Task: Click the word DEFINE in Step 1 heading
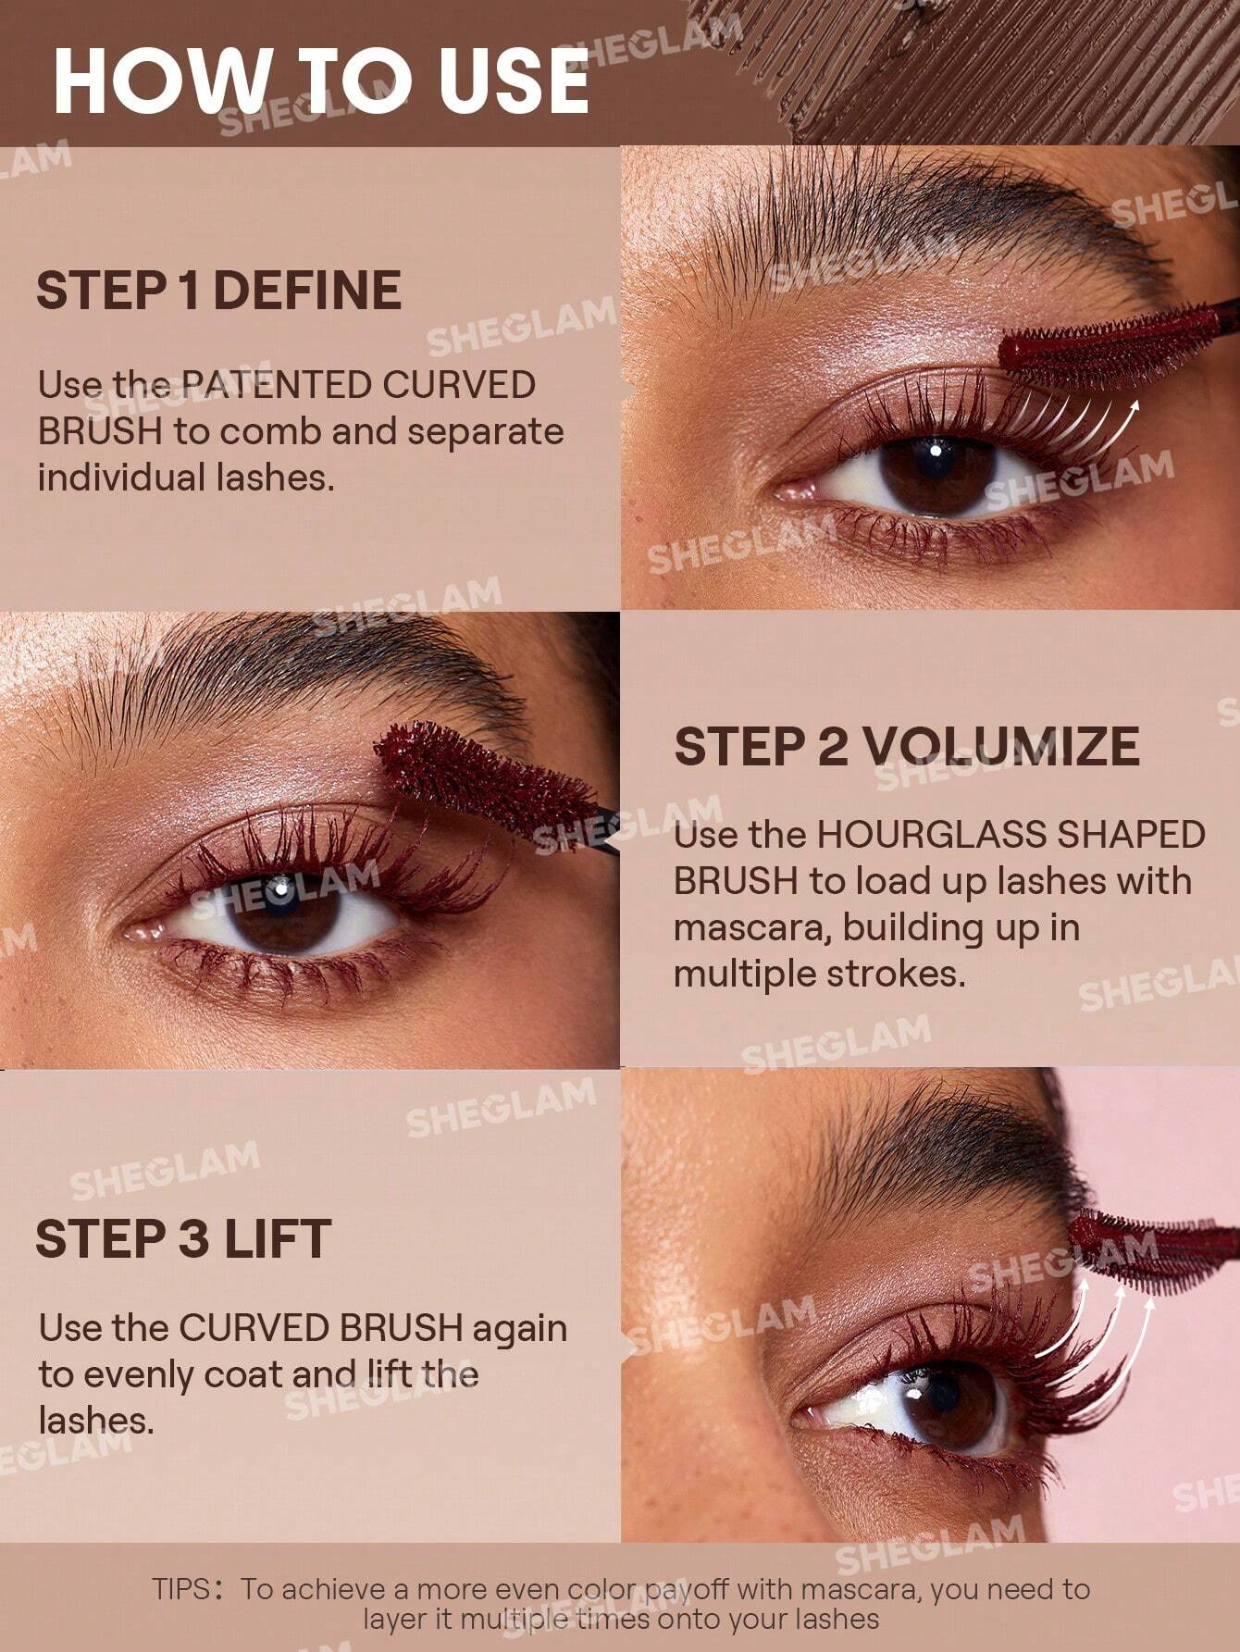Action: [x=308, y=291]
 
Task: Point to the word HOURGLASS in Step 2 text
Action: [x=930, y=835]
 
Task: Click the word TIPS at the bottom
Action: [x=182, y=1589]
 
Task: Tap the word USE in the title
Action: [x=514, y=81]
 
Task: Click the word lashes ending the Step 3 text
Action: [x=94, y=1421]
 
